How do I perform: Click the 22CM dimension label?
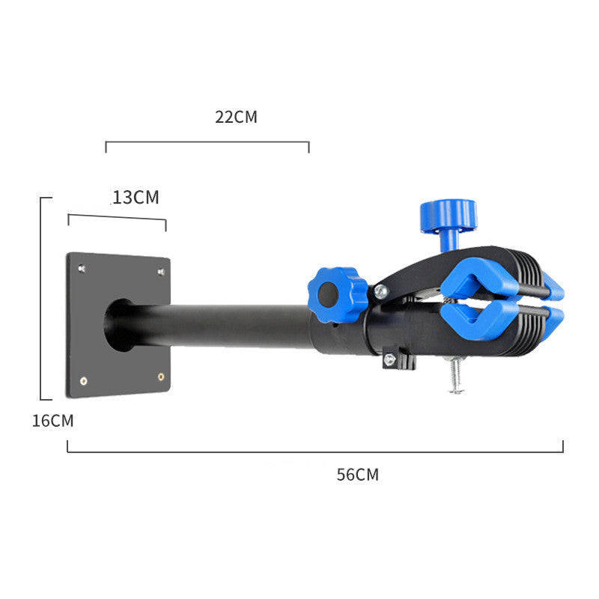(236, 117)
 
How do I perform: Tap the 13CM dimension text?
(136, 198)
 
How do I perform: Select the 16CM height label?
(52, 421)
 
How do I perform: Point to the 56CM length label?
(357, 475)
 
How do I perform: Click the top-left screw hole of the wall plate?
(82, 267)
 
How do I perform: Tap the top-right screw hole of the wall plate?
(160, 271)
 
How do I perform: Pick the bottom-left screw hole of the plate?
(83, 381)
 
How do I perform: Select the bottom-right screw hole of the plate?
(161, 377)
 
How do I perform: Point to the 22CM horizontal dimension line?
(207, 142)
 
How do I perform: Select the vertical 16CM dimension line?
(40, 299)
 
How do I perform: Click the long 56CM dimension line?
(314, 451)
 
